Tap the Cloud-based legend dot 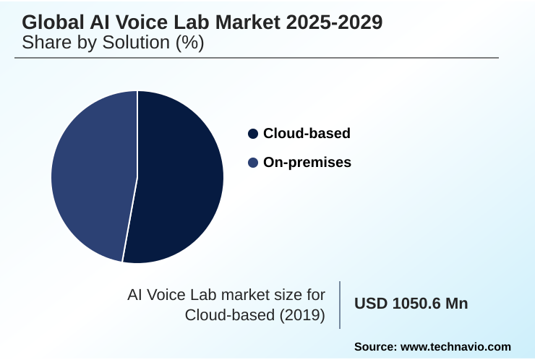[x=253, y=134]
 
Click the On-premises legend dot [x=253, y=163]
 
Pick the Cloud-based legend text [x=307, y=134]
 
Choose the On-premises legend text [x=307, y=163]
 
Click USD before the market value [x=370, y=304]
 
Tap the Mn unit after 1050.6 [x=456, y=304]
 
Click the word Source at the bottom [x=374, y=347]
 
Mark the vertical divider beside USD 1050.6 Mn [x=340, y=305]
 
